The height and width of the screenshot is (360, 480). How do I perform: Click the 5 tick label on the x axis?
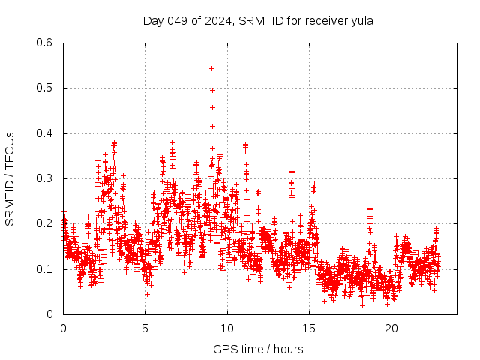pyautogui.click(x=145, y=328)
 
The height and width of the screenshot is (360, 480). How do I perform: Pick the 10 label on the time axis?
pyautogui.click(x=227, y=328)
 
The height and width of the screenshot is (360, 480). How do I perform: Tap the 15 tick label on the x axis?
pyautogui.click(x=310, y=328)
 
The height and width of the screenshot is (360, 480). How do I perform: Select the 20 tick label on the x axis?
pyautogui.click(x=391, y=328)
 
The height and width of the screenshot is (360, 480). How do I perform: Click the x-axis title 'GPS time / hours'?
pyautogui.click(x=258, y=349)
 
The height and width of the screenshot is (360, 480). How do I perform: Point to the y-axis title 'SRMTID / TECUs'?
pyautogui.click(x=10, y=178)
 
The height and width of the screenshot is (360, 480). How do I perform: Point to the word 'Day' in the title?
pyautogui.click(x=152, y=20)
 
